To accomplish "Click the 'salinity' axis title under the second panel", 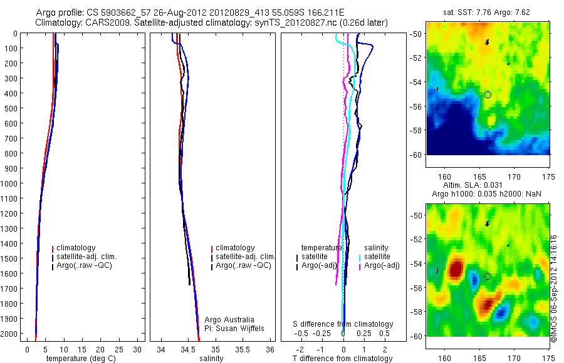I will pyautogui.click(x=212, y=359).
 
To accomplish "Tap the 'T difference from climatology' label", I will pyautogui.click(x=343, y=359).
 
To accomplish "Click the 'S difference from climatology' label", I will pyautogui.click(x=343, y=324).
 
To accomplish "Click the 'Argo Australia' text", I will pyautogui.click(x=229, y=319).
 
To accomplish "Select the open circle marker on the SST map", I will pyautogui.click(x=488, y=95).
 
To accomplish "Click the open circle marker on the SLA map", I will pyautogui.click(x=488, y=276).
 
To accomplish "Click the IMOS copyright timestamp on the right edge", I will pyautogui.click(x=554, y=288).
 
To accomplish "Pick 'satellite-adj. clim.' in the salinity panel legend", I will pyautogui.click(x=245, y=257).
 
